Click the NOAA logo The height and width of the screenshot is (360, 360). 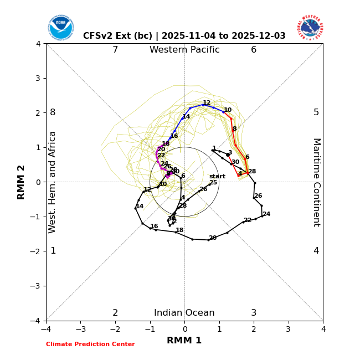[60, 28]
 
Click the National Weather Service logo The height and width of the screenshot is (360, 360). [310, 28]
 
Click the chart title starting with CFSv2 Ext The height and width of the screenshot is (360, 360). [184, 36]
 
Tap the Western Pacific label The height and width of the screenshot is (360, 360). [184, 50]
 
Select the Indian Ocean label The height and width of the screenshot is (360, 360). [184, 313]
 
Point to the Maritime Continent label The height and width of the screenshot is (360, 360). [316, 182]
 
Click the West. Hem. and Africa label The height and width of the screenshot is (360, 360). [53, 182]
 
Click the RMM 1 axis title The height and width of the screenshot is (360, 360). [184, 341]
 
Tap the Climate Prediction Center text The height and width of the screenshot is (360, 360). [90, 344]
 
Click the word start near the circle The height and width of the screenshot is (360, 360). [217, 177]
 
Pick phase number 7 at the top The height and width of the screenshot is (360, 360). [115, 50]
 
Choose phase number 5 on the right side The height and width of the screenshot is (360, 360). [316, 112]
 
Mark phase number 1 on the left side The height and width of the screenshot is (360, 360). [53, 251]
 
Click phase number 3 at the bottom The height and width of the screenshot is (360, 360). [254, 313]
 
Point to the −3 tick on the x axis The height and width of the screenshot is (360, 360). [80, 330]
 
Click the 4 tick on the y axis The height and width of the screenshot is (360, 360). [38, 44]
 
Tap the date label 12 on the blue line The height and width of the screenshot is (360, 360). [207, 103]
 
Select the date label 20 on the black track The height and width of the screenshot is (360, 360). [213, 238]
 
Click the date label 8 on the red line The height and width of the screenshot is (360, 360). [234, 129]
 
